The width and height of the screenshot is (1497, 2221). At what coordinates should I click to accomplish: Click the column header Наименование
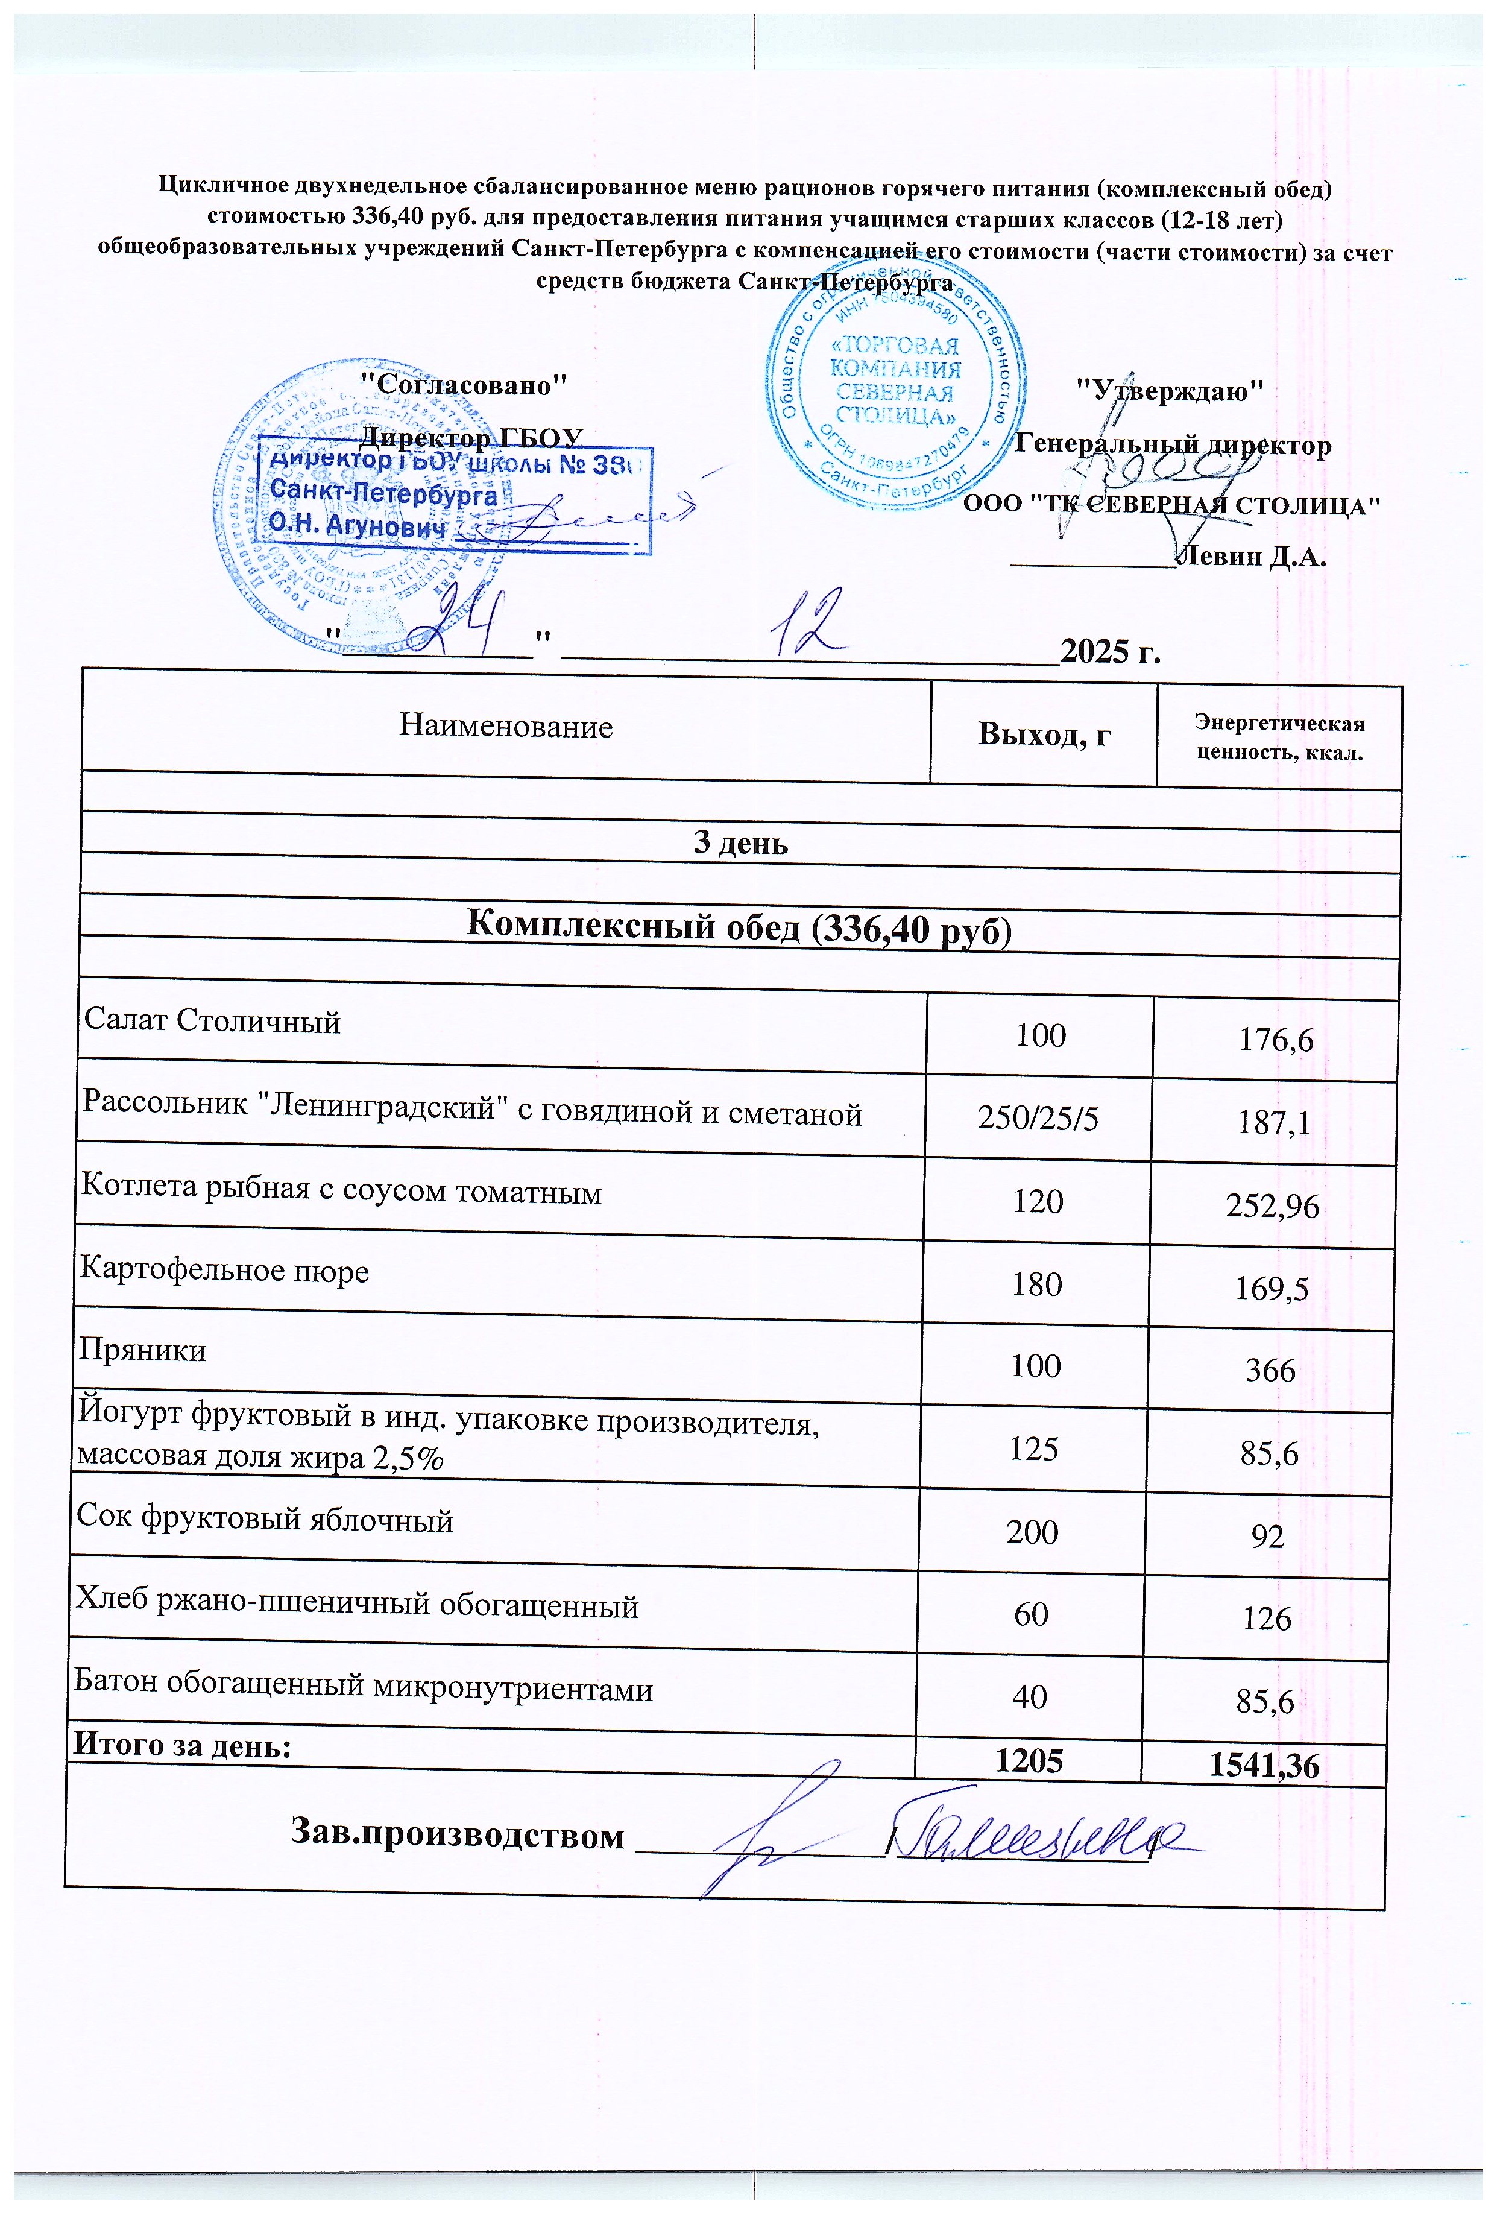505,727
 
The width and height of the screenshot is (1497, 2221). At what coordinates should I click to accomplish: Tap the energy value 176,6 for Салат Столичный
1276,1040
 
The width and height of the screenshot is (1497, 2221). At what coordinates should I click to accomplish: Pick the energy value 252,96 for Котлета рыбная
1273,1207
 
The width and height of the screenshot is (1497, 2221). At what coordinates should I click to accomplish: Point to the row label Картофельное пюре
224,1271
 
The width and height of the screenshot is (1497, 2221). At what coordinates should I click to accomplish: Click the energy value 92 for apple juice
1268,1537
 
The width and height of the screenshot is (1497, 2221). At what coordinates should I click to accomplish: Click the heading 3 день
740,844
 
